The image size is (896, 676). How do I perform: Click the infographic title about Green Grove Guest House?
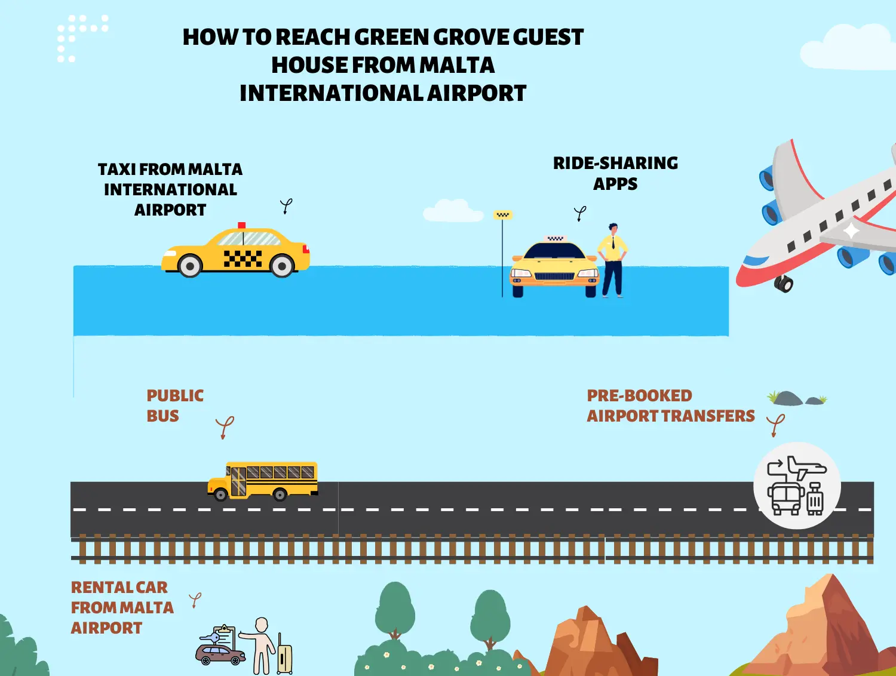pos(383,65)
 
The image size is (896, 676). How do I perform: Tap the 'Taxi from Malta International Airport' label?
pos(170,189)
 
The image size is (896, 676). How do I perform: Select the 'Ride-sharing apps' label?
pos(615,173)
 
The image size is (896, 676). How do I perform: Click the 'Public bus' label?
pos(174,405)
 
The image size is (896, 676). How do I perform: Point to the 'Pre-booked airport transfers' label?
pos(670,405)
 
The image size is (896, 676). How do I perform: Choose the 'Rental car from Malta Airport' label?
pos(122,607)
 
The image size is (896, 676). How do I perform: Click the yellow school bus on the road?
pos(263,480)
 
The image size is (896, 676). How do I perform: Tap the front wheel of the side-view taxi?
pos(282,266)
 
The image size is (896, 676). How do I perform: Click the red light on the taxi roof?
pos(241,225)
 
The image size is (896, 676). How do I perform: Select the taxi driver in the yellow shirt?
pos(612,260)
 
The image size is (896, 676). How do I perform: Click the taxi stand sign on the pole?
pos(503,215)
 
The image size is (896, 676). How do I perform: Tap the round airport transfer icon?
pos(797,486)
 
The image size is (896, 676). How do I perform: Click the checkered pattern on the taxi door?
pos(243,258)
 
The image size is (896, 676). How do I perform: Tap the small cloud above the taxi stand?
pos(452,211)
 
